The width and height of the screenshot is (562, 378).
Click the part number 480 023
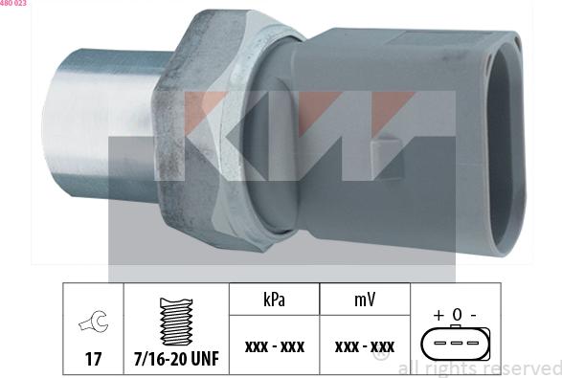pos(13,4)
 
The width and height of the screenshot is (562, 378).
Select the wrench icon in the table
pos(93,323)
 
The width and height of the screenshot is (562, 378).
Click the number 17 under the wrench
pos(93,359)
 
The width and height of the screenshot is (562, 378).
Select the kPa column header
pos(275,300)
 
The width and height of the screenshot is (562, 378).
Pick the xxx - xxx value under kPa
pos(274,346)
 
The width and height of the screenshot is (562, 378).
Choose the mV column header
pos(365,300)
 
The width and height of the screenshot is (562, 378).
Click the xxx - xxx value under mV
pos(365,346)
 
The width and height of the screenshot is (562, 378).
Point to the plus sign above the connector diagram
pos(438,315)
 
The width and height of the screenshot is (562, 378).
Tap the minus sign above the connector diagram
pos(473,315)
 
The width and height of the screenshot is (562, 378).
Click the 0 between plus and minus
pos(457,315)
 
